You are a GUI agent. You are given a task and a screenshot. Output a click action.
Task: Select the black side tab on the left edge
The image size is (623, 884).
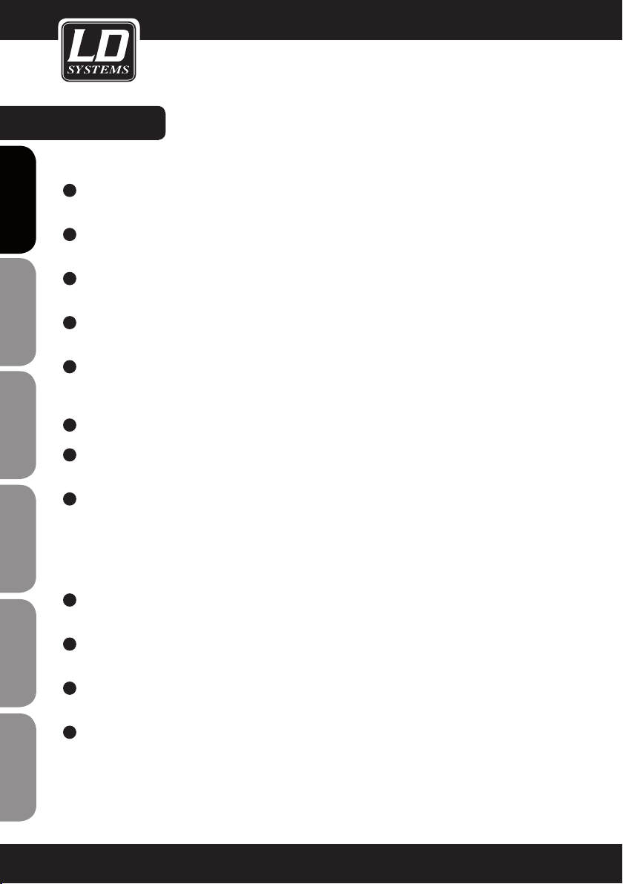(17, 199)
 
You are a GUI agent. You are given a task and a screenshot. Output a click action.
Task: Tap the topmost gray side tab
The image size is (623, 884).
(17, 312)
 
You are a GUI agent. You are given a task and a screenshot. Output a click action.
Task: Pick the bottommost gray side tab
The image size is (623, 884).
(17, 768)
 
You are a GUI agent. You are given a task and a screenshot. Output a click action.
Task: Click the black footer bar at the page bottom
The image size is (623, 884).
(311, 863)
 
